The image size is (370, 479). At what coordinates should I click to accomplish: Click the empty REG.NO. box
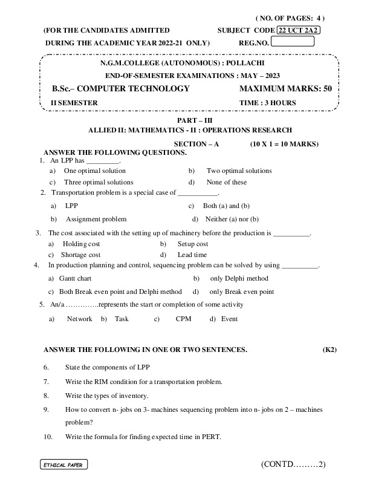[x=293, y=42]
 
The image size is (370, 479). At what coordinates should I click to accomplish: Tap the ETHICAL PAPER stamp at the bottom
[x=63, y=464]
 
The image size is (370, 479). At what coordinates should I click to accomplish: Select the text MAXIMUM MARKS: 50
[x=286, y=89]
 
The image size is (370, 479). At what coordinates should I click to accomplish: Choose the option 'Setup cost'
[x=193, y=244]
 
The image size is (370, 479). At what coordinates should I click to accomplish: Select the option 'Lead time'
[x=192, y=255]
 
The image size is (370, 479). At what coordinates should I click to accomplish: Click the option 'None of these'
[x=227, y=182]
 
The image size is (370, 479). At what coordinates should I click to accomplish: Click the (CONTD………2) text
[x=294, y=464]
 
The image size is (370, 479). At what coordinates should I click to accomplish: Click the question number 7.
[x=46, y=382]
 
